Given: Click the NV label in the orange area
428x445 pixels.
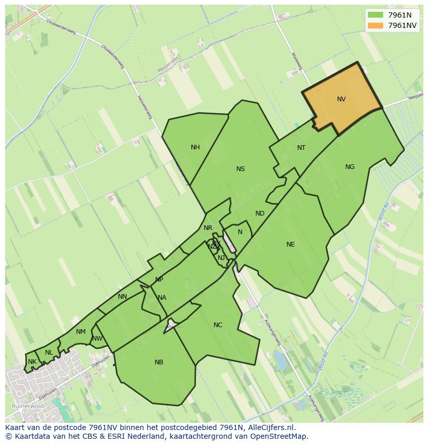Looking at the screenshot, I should tap(341, 99).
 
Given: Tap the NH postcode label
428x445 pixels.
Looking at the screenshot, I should tap(195, 147).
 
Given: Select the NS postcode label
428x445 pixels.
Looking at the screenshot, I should tap(240, 169).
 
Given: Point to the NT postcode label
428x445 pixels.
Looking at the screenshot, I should tap(301, 148).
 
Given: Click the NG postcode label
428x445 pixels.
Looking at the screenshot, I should tap(350, 167).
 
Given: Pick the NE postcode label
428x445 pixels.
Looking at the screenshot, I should tap(291, 244).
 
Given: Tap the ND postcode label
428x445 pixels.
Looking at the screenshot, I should tap(260, 213).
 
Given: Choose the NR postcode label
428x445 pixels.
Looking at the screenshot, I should tap(208, 228).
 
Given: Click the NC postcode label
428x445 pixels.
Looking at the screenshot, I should tap(218, 325).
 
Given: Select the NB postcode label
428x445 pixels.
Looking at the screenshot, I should tap(159, 362).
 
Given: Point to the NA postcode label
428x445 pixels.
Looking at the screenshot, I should tap(162, 298).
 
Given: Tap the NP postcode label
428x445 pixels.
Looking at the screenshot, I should tap(159, 280).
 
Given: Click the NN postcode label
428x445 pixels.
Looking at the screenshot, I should tap(123, 297).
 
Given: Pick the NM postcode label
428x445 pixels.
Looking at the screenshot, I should tap(81, 332).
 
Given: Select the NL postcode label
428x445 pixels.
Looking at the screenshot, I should tap(49, 352).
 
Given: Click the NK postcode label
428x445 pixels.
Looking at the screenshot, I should tap(32, 362).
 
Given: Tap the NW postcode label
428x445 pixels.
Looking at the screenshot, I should tap(97, 339).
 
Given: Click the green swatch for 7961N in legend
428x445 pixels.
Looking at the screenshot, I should tap(376, 15).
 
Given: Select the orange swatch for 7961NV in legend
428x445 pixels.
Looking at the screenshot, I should tap(376, 25).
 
